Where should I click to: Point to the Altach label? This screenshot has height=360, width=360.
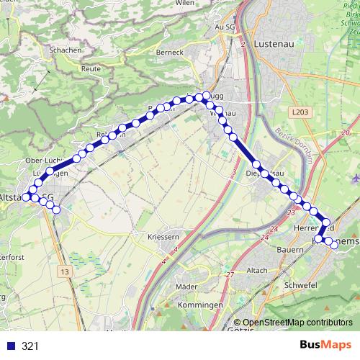pyautogui.click(x=257, y=270)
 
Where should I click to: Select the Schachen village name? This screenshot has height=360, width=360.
pyautogui.click(x=64, y=50)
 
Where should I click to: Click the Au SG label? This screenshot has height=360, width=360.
pyautogui.click(x=225, y=27)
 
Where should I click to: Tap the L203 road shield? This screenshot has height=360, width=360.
pyautogui.click(x=300, y=112)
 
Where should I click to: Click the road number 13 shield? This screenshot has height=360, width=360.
pyautogui.click(x=65, y=271)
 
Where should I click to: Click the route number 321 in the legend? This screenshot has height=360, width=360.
pyautogui.click(x=30, y=346)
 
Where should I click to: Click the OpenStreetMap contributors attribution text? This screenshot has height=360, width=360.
pyautogui.click(x=297, y=323)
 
